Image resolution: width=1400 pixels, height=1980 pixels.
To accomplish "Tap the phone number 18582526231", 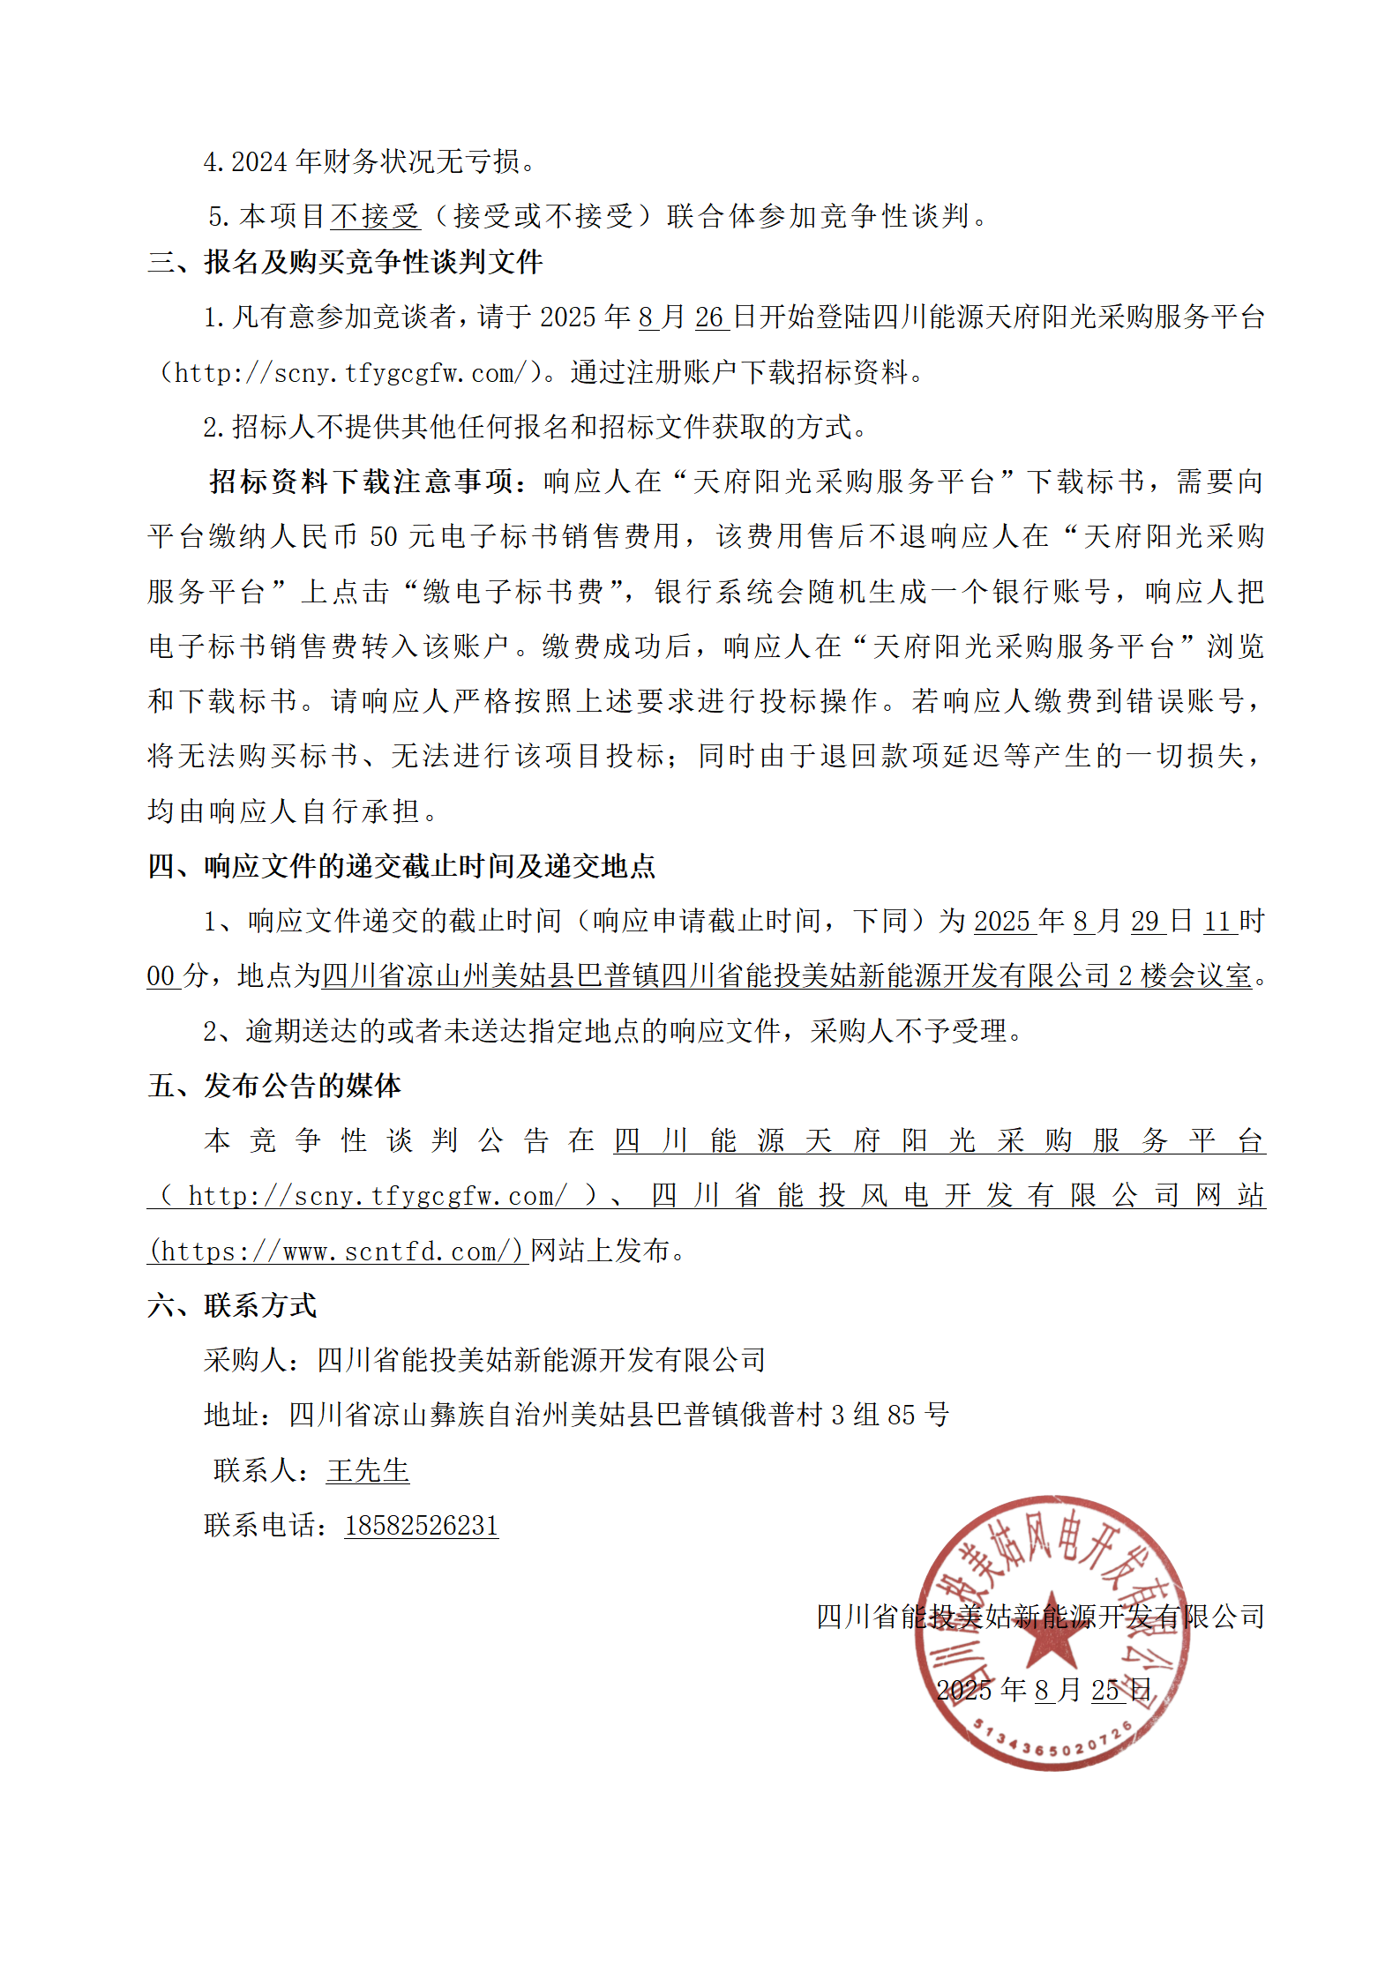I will coord(421,1526).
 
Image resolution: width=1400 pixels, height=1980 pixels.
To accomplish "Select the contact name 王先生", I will coord(367,1470).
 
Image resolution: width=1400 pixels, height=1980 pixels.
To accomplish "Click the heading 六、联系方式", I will coord(232,1305).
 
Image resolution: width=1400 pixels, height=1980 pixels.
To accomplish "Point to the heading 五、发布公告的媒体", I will coord(274,1086).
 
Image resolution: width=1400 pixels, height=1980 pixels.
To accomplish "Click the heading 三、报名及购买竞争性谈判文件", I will coord(345,262).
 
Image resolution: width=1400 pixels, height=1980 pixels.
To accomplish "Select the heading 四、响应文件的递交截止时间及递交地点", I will coord(401,866).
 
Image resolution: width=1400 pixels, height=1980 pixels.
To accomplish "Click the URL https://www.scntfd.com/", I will coord(336,1251).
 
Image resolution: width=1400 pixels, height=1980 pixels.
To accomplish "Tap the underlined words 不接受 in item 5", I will coord(375,216).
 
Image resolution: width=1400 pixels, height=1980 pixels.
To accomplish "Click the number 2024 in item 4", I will coord(259,162).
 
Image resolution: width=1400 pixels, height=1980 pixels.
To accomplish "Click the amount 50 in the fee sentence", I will coord(383,536).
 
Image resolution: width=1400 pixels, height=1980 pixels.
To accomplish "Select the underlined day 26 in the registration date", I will coord(709,318).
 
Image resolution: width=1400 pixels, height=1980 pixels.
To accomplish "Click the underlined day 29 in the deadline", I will coord(1144,922).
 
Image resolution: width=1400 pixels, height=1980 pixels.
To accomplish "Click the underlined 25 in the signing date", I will coord(1105,1690).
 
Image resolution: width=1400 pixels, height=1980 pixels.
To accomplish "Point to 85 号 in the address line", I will coord(917,1415).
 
